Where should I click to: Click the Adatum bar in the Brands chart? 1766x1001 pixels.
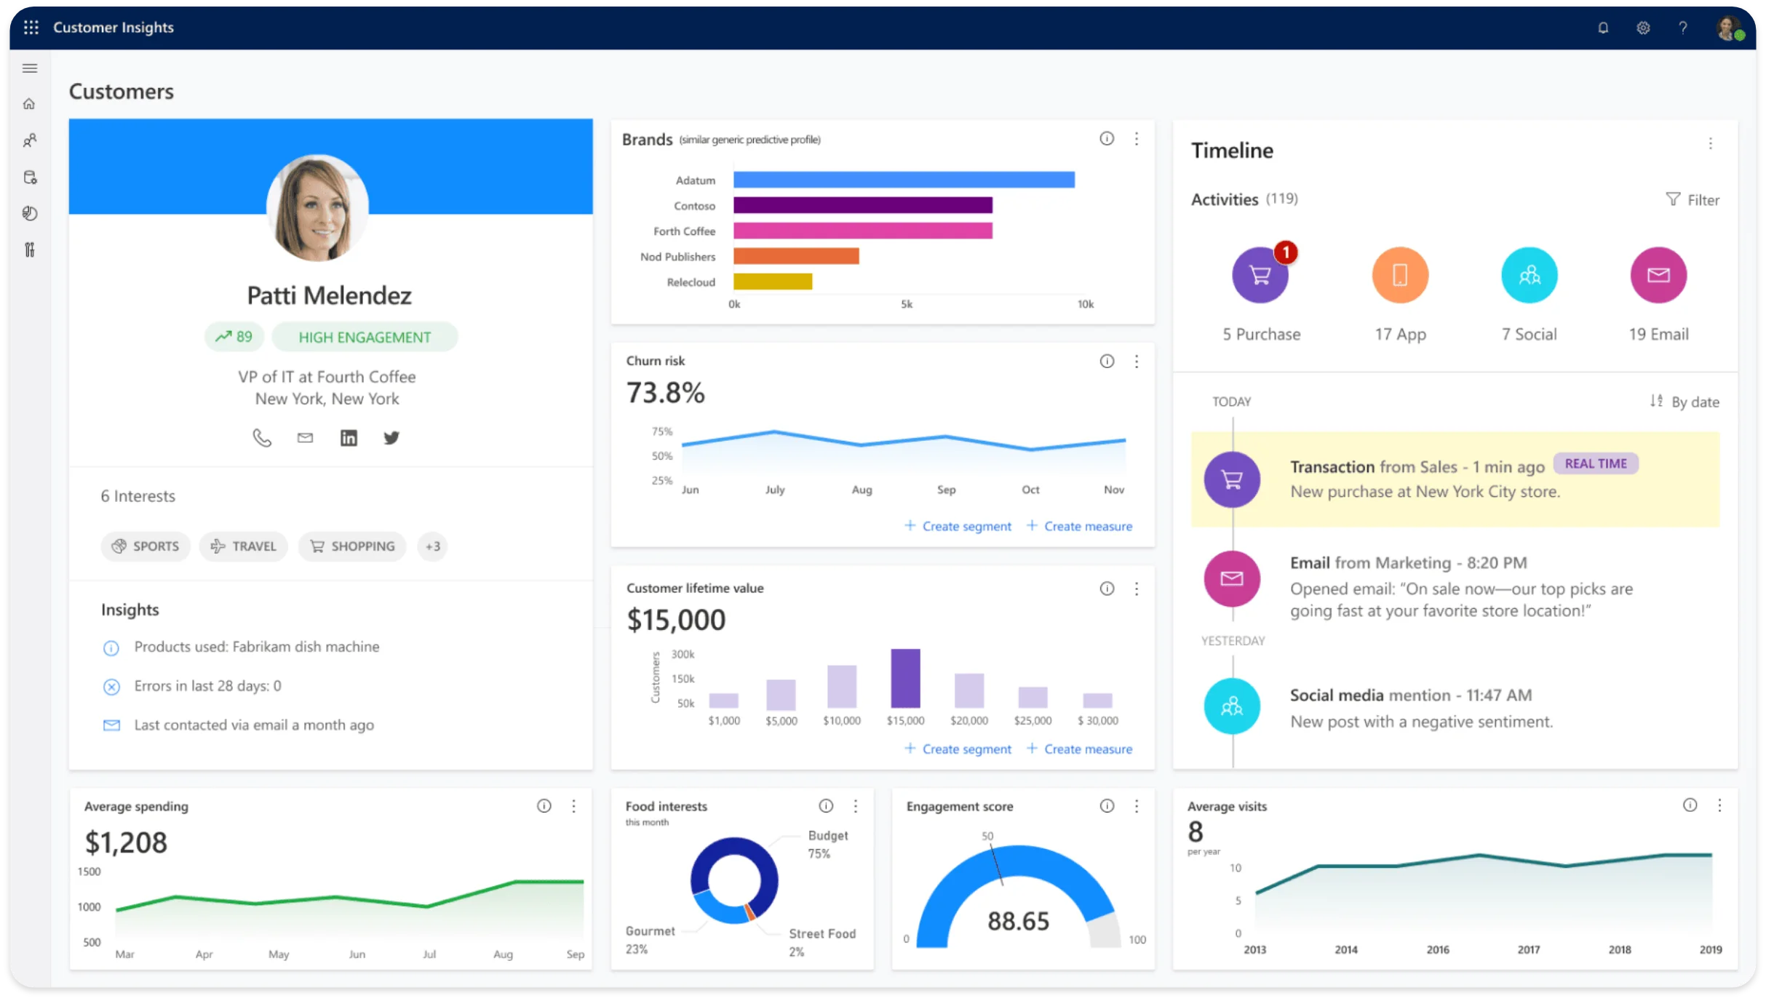[x=903, y=180]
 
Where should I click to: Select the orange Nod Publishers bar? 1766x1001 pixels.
[x=795, y=256]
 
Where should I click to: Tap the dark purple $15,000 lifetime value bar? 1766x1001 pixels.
[x=905, y=678]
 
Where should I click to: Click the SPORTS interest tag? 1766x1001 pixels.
[x=146, y=546]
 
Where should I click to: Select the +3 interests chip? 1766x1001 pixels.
[x=432, y=546]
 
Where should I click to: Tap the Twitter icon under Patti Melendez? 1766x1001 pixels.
[x=391, y=438]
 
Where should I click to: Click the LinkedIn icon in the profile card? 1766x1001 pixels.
[x=349, y=438]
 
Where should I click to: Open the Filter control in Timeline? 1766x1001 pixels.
[x=1693, y=200]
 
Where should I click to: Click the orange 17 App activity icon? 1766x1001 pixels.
[x=1399, y=276]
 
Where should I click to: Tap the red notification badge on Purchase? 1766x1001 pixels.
[x=1286, y=252]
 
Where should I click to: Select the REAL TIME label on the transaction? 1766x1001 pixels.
[x=1595, y=464]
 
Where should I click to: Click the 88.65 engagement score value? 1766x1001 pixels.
[x=1018, y=922]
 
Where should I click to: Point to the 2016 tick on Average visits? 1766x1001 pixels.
[x=1437, y=950]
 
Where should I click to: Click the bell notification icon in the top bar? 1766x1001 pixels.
[x=1602, y=28]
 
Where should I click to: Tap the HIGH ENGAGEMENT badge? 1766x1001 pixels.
[x=365, y=338]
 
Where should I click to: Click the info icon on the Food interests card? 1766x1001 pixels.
[x=825, y=806]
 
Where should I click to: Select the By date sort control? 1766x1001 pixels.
[x=1685, y=402]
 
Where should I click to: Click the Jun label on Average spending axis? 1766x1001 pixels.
[x=357, y=954]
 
